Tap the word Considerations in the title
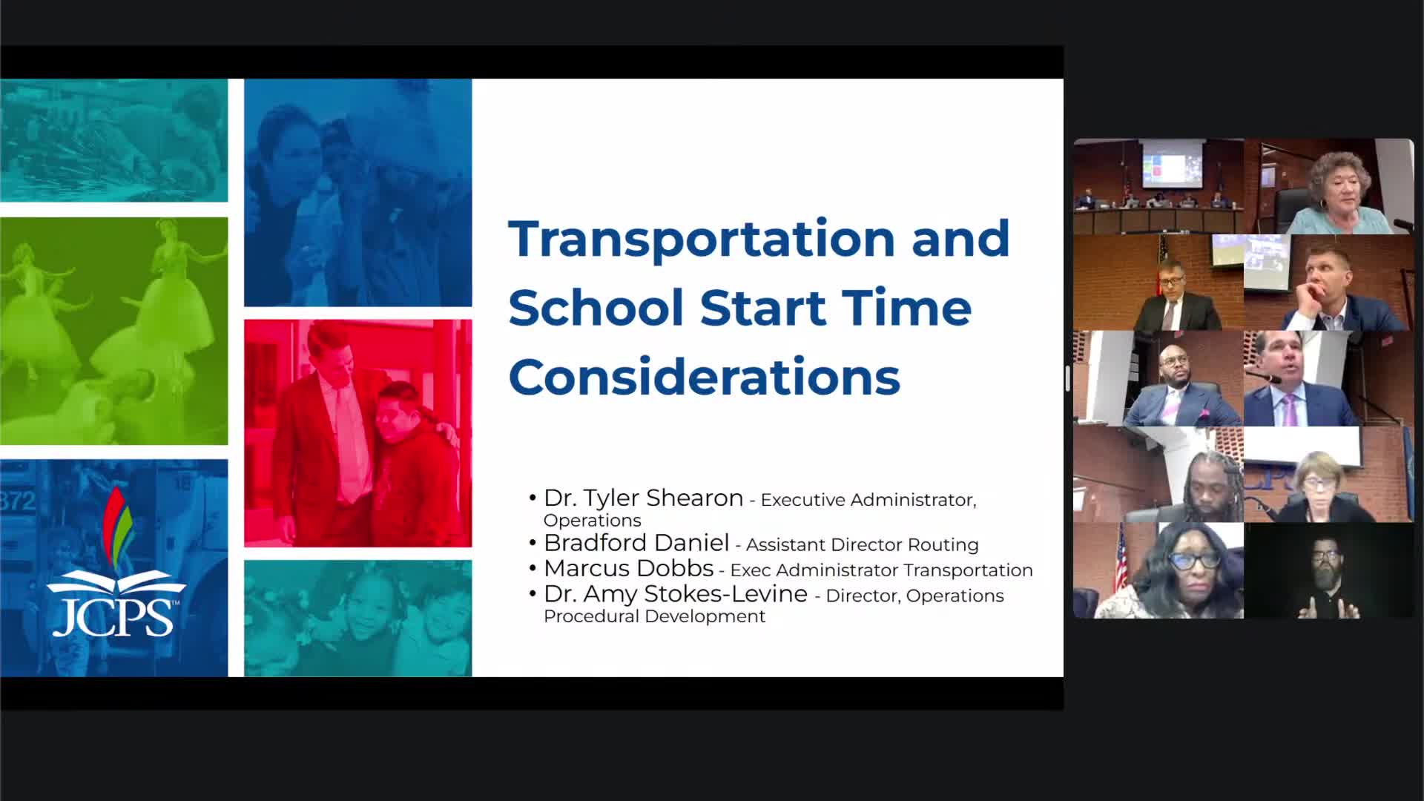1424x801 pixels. pyautogui.click(x=704, y=377)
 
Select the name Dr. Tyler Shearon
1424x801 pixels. pyautogui.click(x=643, y=498)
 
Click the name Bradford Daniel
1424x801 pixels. pyautogui.click(x=636, y=543)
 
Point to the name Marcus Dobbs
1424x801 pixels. pyautogui.click(x=628, y=568)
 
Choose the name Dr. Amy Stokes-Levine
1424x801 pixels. pyautogui.click(x=676, y=593)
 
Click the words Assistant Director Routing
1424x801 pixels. pyautogui.click(x=862, y=545)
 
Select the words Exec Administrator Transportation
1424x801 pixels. pyautogui.click(x=881, y=570)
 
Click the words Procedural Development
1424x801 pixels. pyautogui.click(x=654, y=616)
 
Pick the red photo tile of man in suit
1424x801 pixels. pyautogui.click(x=357, y=433)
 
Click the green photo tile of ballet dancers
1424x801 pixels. pyautogui.click(x=113, y=331)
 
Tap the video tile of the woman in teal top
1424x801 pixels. pyautogui.click(x=1329, y=186)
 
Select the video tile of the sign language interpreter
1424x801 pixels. pyautogui.click(x=1329, y=570)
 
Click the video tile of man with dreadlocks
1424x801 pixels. pyautogui.click(x=1158, y=475)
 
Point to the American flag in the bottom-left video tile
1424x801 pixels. pyautogui.click(x=1120, y=560)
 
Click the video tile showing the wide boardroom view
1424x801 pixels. pyautogui.click(x=1158, y=186)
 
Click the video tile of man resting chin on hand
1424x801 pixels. pyautogui.click(x=1329, y=283)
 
